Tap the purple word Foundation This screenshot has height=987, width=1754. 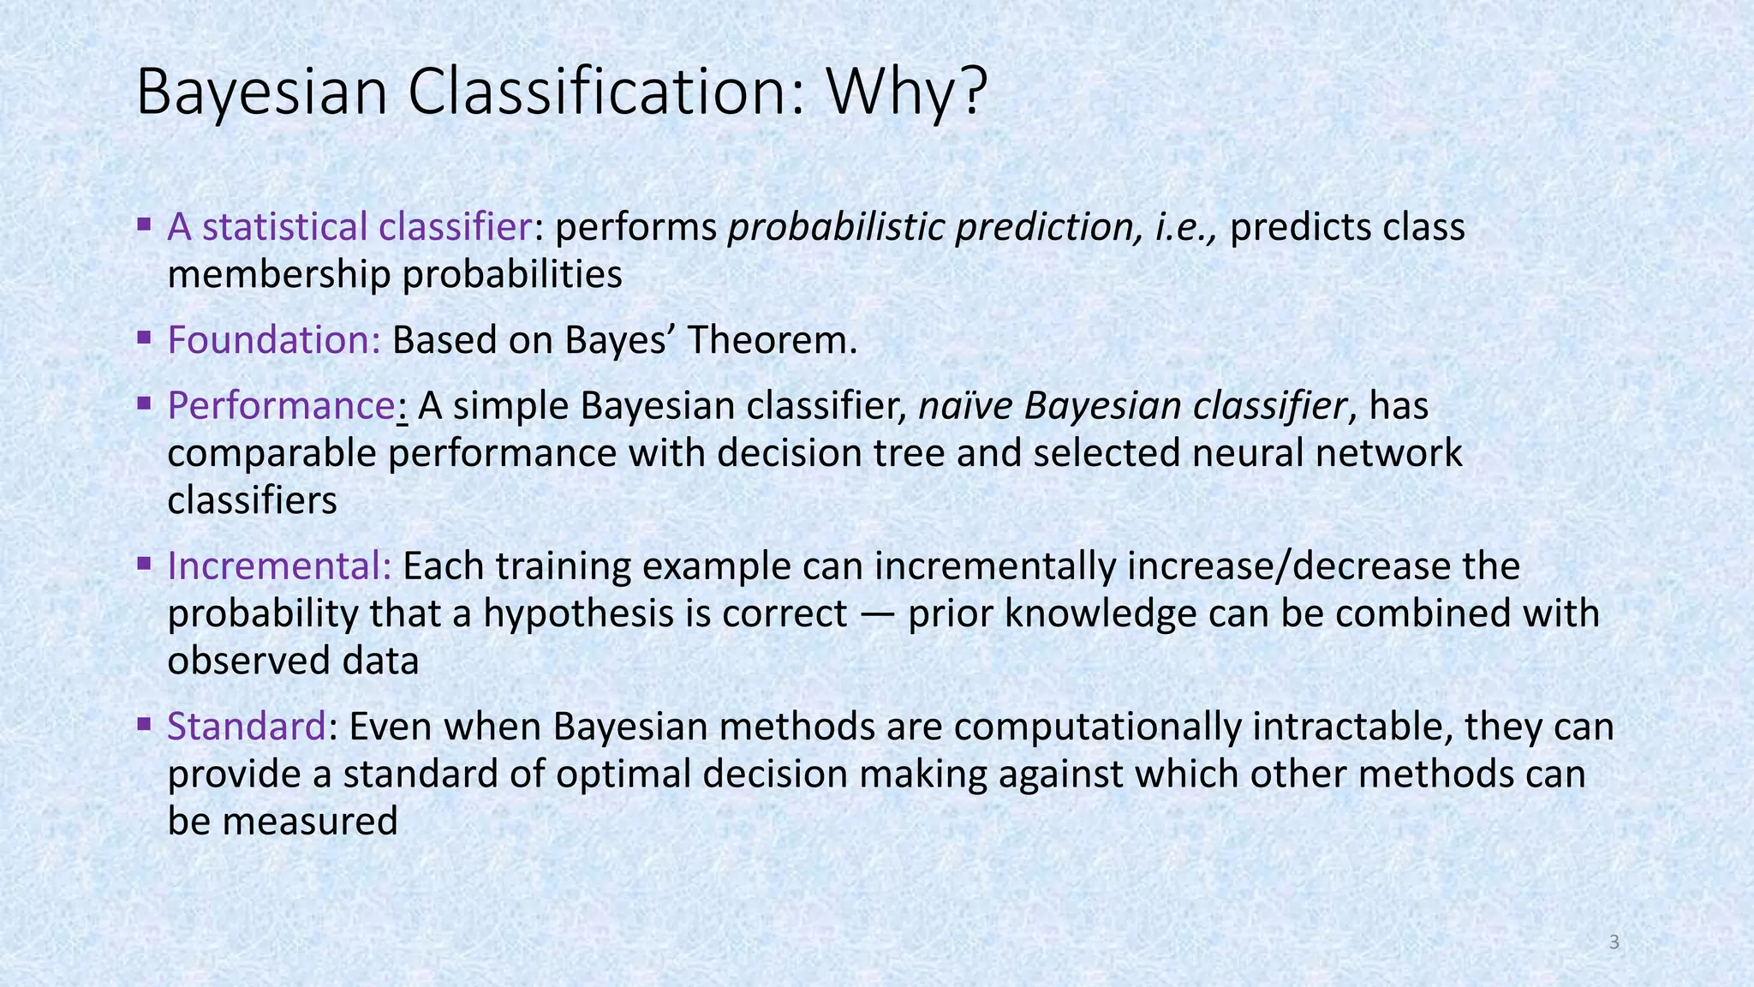(x=273, y=340)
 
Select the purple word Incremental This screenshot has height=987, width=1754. (x=279, y=566)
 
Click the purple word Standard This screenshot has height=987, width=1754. (x=246, y=727)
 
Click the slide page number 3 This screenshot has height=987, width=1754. (x=1614, y=943)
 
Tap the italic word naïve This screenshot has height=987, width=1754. (x=965, y=405)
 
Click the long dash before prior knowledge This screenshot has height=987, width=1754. (x=877, y=614)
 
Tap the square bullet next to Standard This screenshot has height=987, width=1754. (x=144, y=723)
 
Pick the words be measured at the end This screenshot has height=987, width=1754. (x=283, y=822)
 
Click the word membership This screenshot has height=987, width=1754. (x=279, y=275)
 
